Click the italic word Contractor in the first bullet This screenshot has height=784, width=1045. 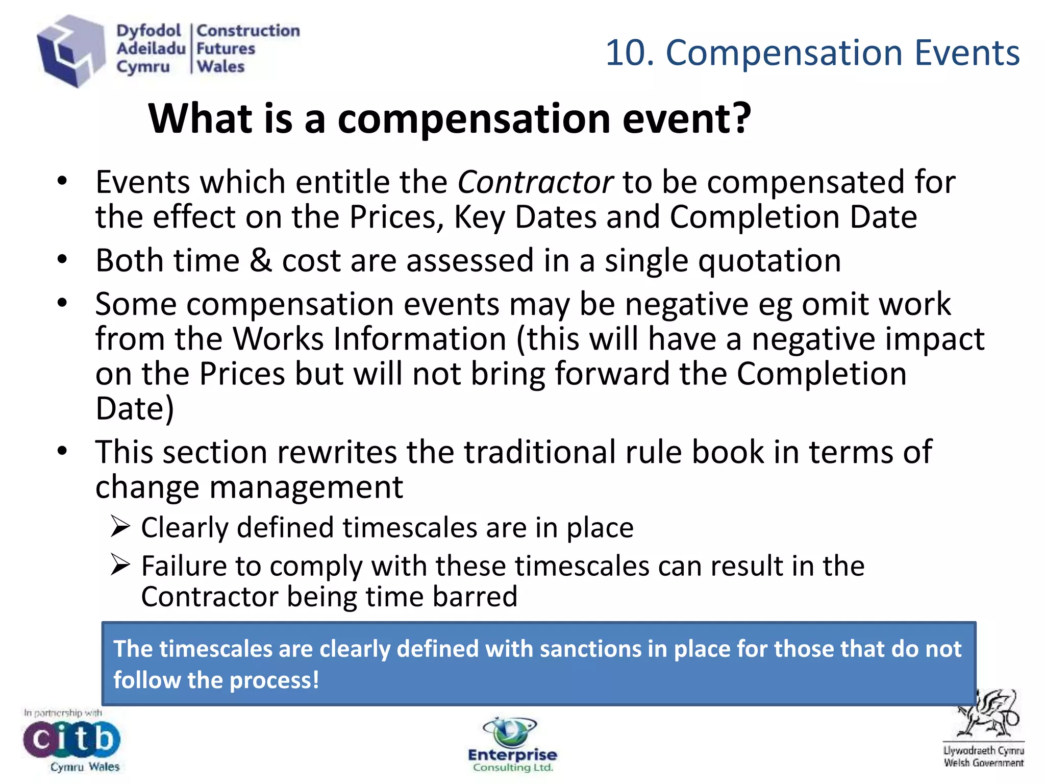(x=535, y=183)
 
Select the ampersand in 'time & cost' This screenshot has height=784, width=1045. (x=261, y=261)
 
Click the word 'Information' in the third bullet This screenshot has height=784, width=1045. (x=419, y=339)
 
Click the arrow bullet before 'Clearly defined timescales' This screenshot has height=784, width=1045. (x=121, y=526)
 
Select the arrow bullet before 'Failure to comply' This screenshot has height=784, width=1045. (x=121, y=565)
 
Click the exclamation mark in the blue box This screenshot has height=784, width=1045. (x=315, y=680)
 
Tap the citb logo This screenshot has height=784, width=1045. (x=71, y=740)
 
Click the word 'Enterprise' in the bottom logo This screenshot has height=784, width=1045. (x=512, y=755)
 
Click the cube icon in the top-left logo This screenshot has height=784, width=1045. (x=71, y=51)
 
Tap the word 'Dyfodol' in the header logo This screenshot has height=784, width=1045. (x=148, y=31)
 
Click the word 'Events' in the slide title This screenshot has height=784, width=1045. (x=967, y=53)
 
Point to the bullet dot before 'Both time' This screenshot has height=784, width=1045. (x=62, y=260)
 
